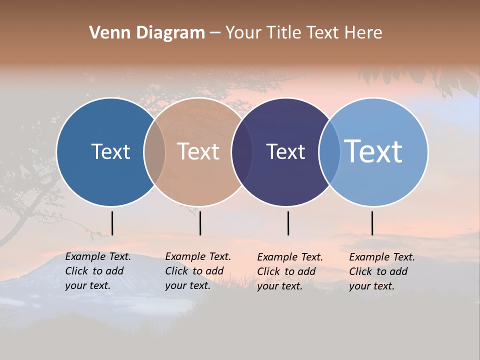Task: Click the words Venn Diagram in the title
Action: pos(147,33)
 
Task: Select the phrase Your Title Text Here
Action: pos(303,33)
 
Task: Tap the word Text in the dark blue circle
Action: pos(110,151)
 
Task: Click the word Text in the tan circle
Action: pos(198,151)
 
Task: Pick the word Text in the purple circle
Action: pos(285,151)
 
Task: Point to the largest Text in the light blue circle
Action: pos(373,151)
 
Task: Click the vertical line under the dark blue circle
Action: pos(112,223)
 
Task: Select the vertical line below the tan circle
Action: pos(200,223)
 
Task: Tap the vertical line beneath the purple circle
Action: pos(288,223)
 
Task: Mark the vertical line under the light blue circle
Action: pos(372,223)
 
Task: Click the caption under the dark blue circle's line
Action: pos(98,271)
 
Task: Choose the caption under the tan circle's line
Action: pos(198,271)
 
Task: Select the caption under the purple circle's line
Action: pos(290,271)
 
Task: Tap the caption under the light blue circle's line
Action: pos(382,271)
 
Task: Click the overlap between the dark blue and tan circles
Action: pos(154,152)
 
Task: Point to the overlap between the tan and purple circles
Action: pos(242,152)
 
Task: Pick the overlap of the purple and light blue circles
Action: pos(329,152)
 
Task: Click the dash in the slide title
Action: pos(215,33)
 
